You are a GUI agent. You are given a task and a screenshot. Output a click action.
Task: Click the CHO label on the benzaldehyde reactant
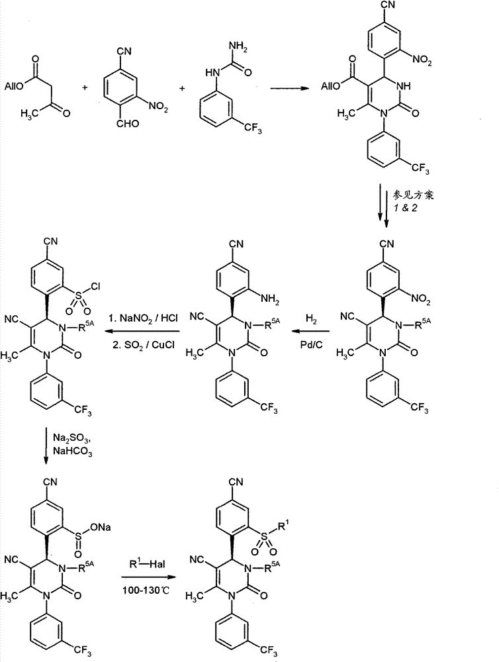click(x=128, y=123)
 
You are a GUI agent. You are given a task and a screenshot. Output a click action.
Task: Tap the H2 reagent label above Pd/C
click(x=310, y=320)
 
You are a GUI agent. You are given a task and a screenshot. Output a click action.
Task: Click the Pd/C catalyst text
click(x=311, y=344)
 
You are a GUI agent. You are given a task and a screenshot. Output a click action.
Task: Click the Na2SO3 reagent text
click(x=71, y=437)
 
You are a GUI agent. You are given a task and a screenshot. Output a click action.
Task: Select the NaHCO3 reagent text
click(x=73, y=451)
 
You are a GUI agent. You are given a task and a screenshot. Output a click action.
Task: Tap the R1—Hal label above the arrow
click(x=148, y=563)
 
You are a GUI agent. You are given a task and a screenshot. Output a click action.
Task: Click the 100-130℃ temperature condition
click(x=146, y=590)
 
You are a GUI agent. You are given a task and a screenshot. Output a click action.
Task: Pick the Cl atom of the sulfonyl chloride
click(x=95, y=287)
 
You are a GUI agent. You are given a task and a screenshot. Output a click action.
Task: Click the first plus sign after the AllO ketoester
click(x=85, y=87)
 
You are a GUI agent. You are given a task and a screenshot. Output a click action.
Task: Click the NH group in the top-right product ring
click(x=404, y=86)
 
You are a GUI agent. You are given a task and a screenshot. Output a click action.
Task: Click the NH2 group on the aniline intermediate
click(x=270, y=299)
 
